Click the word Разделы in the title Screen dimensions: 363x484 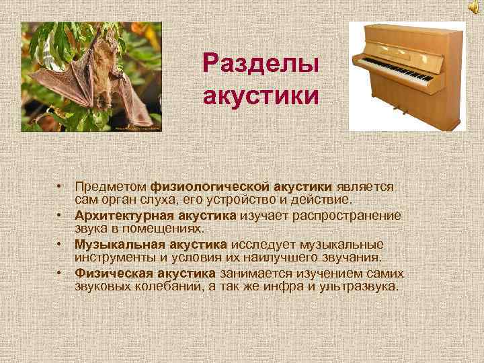260,66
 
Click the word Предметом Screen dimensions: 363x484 111,185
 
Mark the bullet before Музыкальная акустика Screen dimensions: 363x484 60,243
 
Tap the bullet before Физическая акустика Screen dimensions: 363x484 60,272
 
